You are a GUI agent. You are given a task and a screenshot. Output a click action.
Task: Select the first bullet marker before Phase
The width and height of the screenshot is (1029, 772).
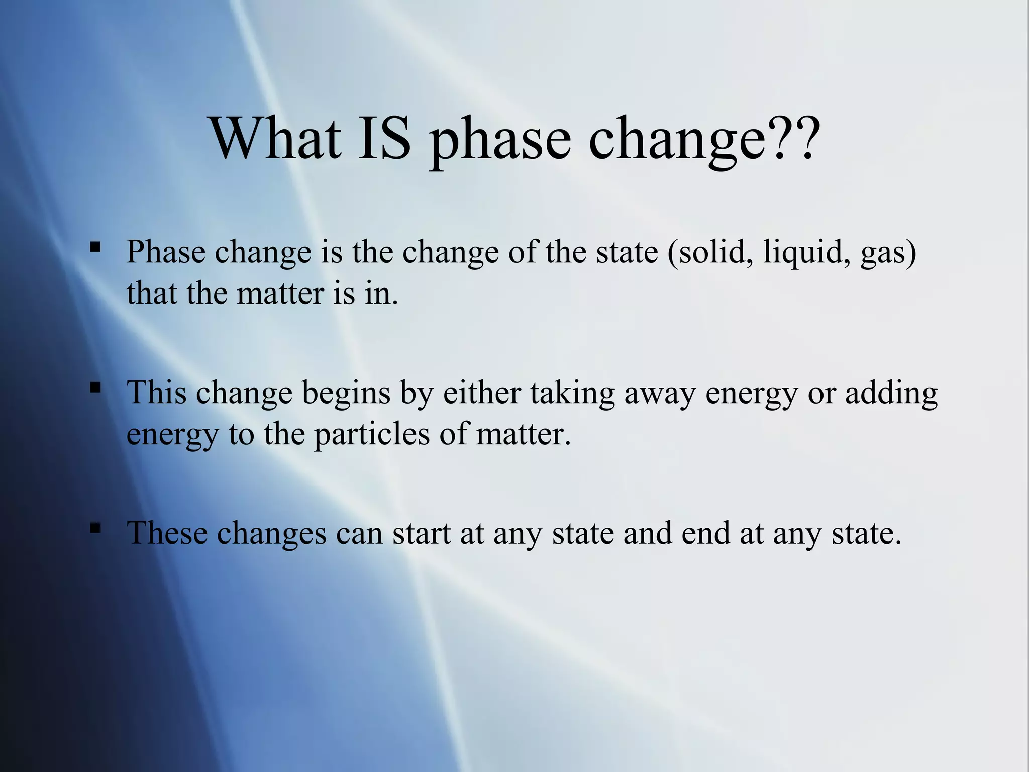click(x=95, y=247)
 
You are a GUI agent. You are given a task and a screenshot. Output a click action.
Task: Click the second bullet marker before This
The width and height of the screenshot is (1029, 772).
click(x=95, y=388)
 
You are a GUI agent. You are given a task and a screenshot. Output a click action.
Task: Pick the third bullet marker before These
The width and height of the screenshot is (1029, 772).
click(x=95, y=528)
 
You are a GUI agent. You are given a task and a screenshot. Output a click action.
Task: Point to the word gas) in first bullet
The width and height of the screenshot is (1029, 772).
click(x=888, y=252)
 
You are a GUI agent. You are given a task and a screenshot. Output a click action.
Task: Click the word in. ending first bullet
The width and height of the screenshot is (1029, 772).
click(x=381, y=293)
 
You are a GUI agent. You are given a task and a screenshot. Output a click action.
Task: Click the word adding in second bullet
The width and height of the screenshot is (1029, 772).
click(x=891, y=393)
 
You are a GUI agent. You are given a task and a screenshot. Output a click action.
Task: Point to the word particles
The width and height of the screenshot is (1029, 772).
click(x=372, y=434)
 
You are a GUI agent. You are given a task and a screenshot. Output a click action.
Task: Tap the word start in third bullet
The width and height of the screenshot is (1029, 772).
click(x=421, y=534)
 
